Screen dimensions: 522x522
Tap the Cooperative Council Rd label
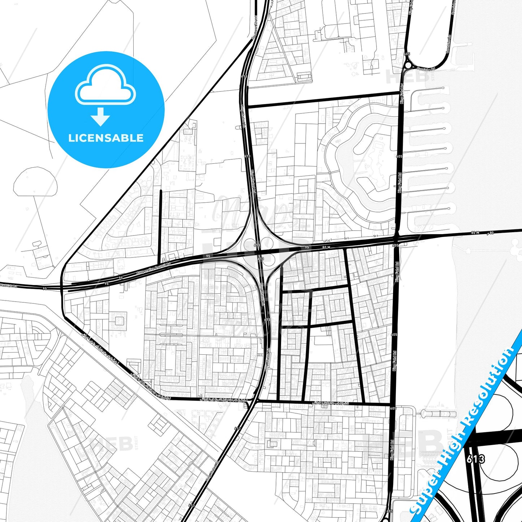(153, 269)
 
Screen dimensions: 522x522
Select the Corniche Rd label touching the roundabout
(426, 69)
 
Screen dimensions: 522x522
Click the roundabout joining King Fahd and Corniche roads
(408, 66)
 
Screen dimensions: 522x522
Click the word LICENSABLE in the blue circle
(106, 138)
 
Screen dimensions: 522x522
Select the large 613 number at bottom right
(475, 459)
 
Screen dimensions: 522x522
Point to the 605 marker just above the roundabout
(407, 54)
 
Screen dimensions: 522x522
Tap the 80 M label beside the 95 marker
(326, 247)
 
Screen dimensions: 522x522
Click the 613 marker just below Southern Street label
(244, 76)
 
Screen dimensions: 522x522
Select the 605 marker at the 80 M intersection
(396, 245)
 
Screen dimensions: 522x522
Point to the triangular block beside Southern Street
(278, 54)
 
